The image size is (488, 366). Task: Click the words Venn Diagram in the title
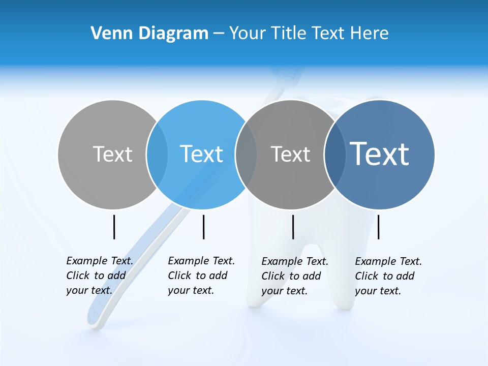click(x=149, y=33)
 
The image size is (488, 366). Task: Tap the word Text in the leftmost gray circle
click(x=112, y=154)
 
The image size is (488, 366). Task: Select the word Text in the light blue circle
click(x=202, y=154)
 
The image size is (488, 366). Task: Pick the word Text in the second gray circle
click(x=290, y=154)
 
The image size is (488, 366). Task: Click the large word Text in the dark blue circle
click(x=380, y=154)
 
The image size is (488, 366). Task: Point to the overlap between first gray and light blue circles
click(x=157, y=155)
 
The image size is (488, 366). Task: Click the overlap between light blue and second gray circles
click(x=246, y=155)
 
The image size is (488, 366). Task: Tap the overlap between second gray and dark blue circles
click(x=334, y=155)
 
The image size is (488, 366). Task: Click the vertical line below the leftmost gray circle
click(x=114, y=227)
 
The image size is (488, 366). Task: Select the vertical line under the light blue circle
click(x=203, y=227)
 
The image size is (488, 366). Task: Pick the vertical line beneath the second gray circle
click(x=293, y=227)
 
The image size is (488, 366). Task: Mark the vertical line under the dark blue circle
click(x=379, y=227)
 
